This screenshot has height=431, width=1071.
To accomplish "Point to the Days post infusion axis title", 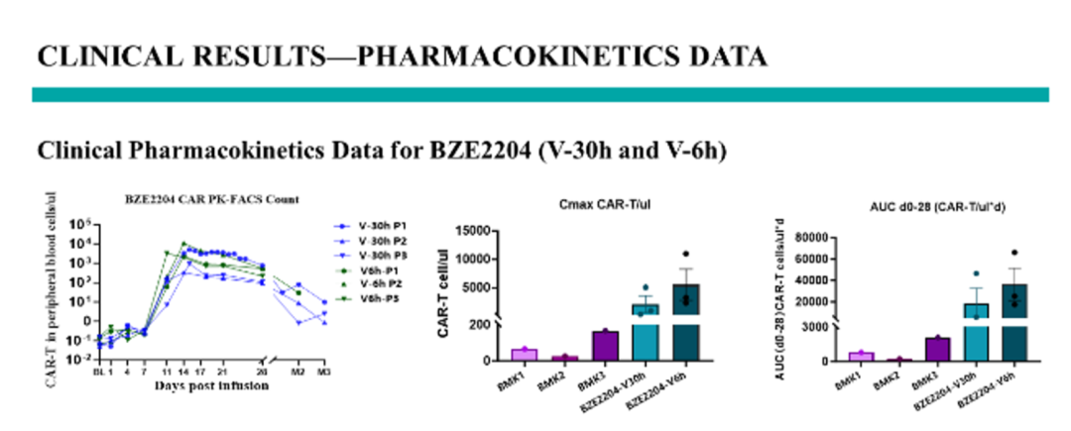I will coord(210,385).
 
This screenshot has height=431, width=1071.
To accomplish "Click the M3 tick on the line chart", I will coord(322,372).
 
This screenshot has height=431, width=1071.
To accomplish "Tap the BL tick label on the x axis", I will coord(98,372).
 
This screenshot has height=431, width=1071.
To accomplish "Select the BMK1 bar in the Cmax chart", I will coord(523,354).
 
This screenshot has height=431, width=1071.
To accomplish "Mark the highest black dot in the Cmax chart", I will coord(683,254).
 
